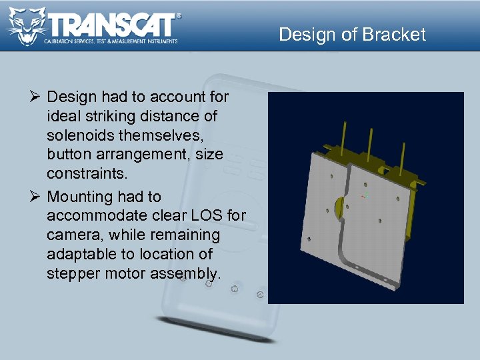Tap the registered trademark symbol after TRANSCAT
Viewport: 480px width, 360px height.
pos(178,15)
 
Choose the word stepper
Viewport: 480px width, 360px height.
pos(73,273)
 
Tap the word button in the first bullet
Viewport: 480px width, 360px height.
pos(68,155)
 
